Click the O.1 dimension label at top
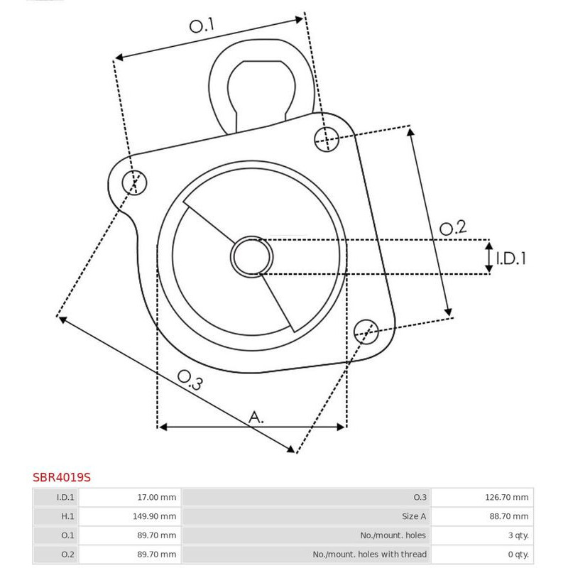tap(202, 26)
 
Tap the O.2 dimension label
tap(453, 228)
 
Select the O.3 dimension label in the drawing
tap(190, 380)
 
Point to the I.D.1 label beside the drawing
tap(510, 258)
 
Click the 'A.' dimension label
tap(256, 417)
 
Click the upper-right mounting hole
tap(327, 139)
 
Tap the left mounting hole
tap(134, 182)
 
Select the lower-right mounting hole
tap(366, 332)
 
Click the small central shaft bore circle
tap(252, 257)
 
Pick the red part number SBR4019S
tap(62, 477)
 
